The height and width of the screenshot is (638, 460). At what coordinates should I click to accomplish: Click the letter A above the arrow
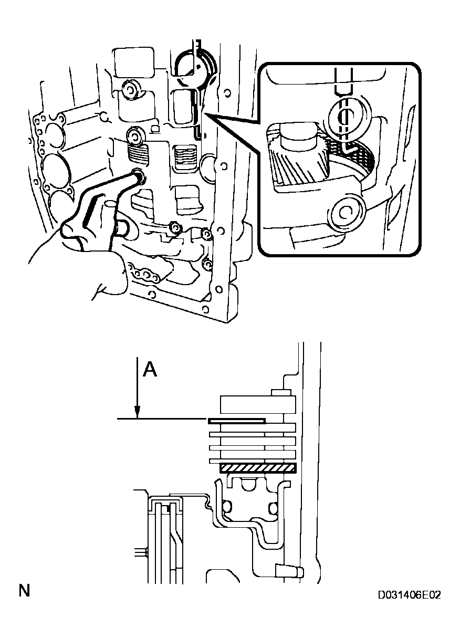pyautogui.click(x=150, y=370)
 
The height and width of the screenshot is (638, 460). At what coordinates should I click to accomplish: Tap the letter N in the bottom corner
pyautogui.click(x=24, y=591)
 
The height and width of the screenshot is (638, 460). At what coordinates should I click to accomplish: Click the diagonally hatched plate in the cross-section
pyautogui.click(x=258, y=468)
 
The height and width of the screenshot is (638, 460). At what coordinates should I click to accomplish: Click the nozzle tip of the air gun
pyautogui.click(x=139, y=176)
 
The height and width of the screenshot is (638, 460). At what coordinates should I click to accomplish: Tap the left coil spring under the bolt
pyautogui.click(x=138, y=154)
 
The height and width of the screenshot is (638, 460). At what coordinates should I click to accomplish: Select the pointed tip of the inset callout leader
pyautogui.click(x=205, y=113)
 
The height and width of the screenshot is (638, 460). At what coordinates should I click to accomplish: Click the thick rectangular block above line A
pyautogui.click(x=258, y=405)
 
